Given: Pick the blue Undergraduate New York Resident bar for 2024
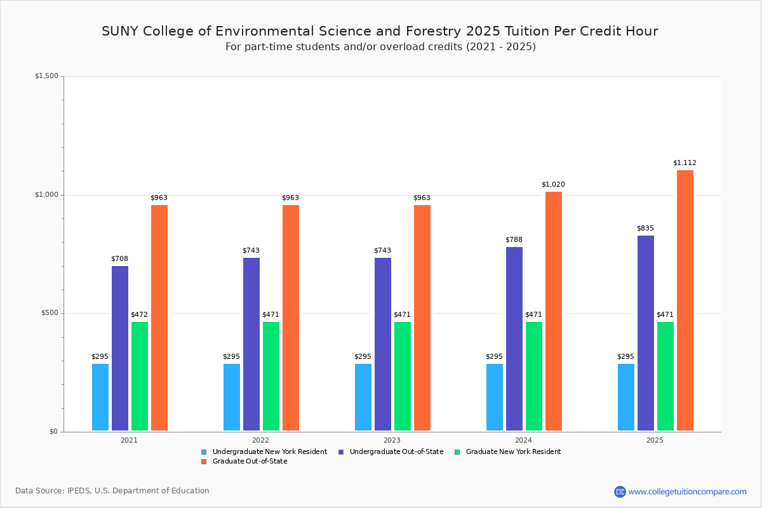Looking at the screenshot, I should [495, 397].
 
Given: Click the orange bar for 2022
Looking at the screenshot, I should [291, 317].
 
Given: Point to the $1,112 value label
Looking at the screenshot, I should [685, 163].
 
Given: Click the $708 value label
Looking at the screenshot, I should [119, 259].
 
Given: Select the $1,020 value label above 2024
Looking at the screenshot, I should [553, 185].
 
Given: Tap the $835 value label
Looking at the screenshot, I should [645, 229].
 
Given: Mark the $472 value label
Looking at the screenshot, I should [139, 315].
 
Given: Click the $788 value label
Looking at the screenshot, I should [514, 240].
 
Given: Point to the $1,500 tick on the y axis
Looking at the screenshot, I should [46, 76].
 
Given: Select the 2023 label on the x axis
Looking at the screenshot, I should [392, 440].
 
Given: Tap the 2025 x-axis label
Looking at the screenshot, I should [655, 440].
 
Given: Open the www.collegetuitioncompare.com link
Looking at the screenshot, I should [687, 491].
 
